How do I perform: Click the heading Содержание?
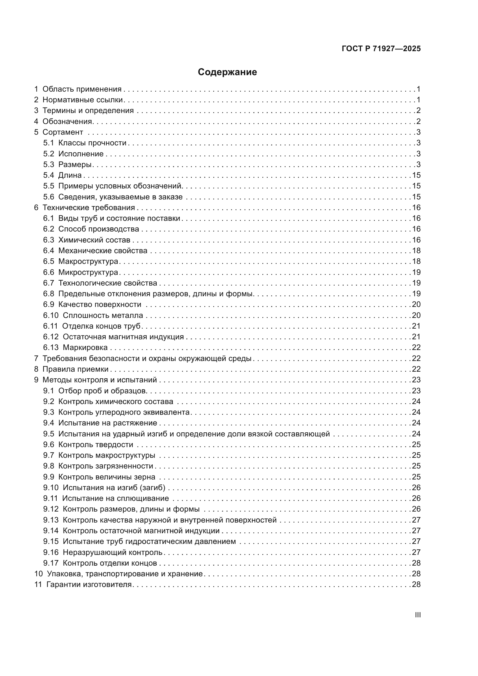227,72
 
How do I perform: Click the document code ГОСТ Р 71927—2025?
381,49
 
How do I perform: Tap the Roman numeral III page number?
418,615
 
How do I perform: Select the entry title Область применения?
82,89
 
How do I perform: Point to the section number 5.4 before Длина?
49,175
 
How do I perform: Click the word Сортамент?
63,132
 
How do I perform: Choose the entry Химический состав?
94,240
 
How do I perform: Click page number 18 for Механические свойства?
416,251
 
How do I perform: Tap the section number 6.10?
51,315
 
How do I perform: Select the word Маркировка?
85,348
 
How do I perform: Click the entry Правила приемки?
76,369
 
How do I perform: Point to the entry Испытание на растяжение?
108,423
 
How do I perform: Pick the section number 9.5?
49,434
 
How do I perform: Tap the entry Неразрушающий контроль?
113,552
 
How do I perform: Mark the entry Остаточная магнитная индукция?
123,337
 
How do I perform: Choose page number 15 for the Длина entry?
416,175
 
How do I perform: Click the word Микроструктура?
88,272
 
